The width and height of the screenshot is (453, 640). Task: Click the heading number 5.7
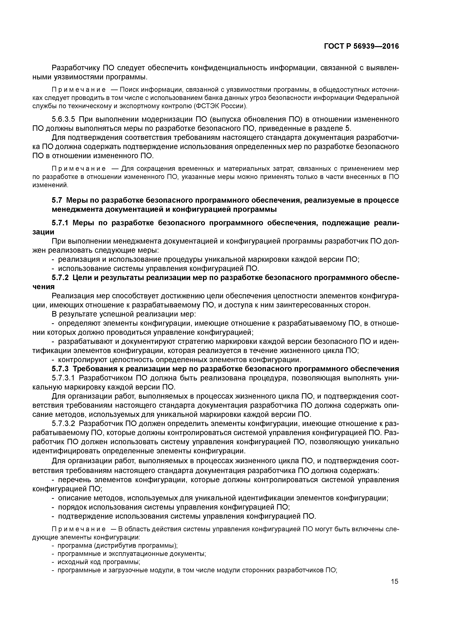point(57,201)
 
